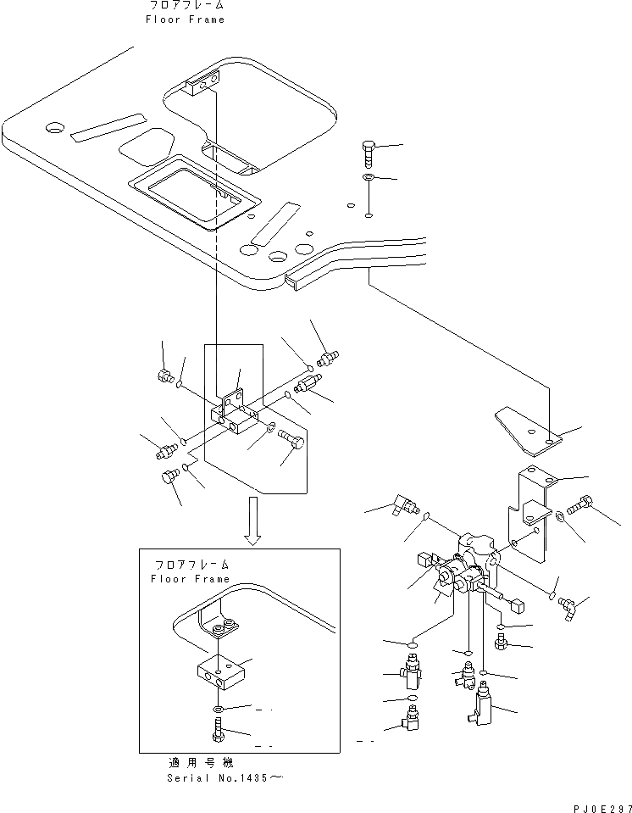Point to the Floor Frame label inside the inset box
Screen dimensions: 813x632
190,579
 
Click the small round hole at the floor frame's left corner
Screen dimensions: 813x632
55,128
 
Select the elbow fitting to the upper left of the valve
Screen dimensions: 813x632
401,505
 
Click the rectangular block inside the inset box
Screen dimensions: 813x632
218,671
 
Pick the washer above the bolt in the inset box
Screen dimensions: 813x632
218,708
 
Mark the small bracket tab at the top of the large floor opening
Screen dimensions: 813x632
204,81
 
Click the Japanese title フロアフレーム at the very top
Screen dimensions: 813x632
186,5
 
